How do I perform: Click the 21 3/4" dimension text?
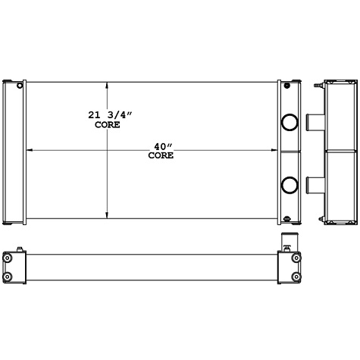pyautogui.click(x=107, y=115)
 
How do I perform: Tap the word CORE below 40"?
pyautogui.click(x=161, y=155)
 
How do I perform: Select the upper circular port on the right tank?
pyautogui.click(x=289, y=122)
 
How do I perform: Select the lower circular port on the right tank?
pyautogui.click(x=289, y=183)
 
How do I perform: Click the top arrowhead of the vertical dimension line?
pyautogui.click(x=107, y=84)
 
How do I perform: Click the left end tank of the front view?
pyautogui.click(x=14, y=152)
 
